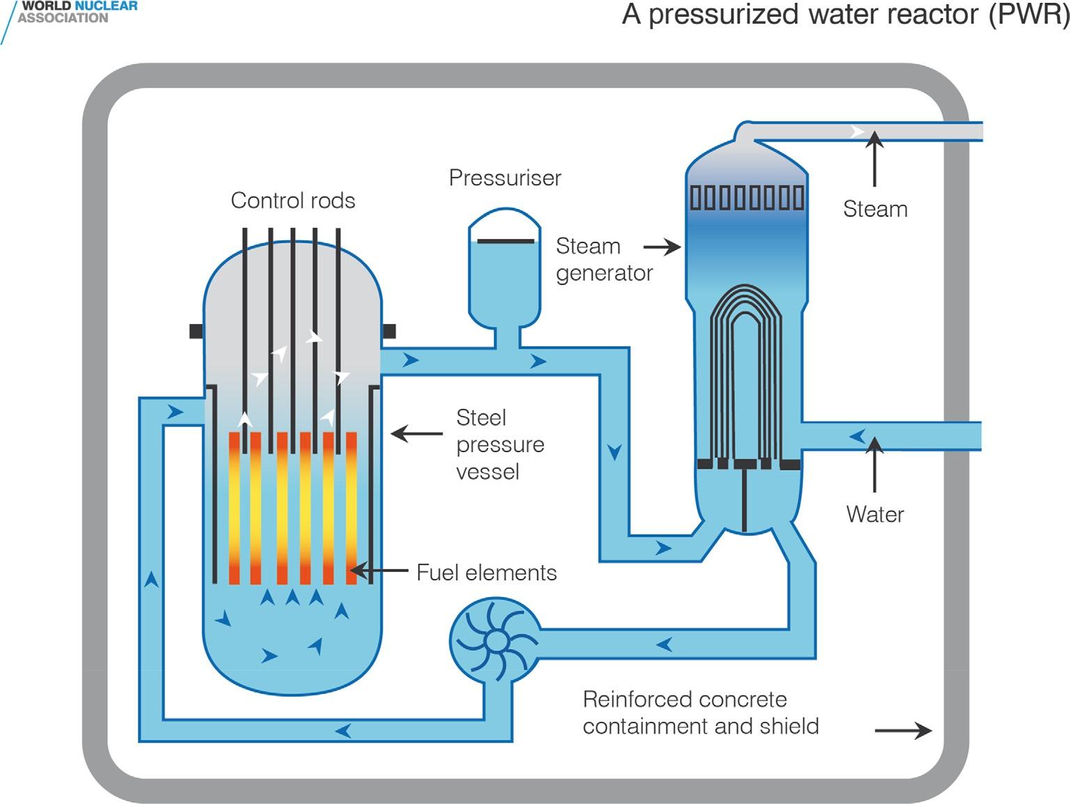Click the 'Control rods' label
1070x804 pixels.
coord(293,201)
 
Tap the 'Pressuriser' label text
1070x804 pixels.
coord(505,178)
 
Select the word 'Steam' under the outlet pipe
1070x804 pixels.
coord(875,209)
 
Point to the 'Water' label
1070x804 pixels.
coord(875,514)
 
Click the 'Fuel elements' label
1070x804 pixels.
coord(486,573)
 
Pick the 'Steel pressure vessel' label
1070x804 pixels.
coord(499,444)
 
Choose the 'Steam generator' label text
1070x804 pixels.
coord(603,260)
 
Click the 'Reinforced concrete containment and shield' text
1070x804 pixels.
coord(700,713)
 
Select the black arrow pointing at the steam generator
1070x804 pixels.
coord(662,247)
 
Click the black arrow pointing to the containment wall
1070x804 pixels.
coord(903,730)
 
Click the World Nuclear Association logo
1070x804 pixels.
coord(70,13)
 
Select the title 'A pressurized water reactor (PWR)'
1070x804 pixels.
coord(845,15)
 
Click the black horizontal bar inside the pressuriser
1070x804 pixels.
coord(506,242)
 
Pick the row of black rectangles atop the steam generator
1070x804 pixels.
coord(747,197)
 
